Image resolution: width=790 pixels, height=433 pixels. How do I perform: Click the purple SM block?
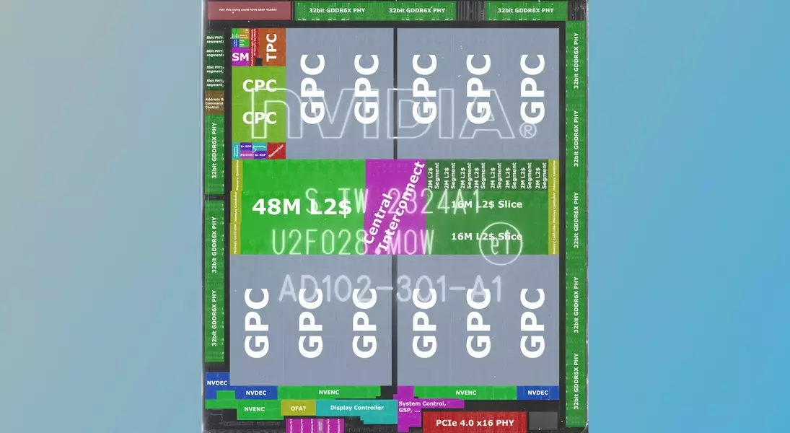pos(240,56)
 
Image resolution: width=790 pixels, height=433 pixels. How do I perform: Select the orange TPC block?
pos(272,47)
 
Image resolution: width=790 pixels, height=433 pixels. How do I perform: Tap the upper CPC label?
pos(259,86)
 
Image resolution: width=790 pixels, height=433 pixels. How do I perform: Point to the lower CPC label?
pos(259,118)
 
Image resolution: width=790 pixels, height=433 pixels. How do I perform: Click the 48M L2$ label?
pos(301,207)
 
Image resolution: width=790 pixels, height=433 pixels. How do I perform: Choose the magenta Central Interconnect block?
pos(395,206)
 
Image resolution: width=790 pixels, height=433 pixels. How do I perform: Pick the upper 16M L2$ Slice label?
pos(486,204)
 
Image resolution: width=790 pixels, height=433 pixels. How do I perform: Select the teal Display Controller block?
pos(357,408)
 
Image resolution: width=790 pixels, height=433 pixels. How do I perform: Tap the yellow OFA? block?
pos(298,408)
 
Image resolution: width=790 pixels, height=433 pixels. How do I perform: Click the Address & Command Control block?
pos(214,103)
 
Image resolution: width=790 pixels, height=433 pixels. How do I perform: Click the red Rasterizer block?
pos(276,150)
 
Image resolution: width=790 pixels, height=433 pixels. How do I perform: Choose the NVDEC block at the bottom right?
pos(537,393)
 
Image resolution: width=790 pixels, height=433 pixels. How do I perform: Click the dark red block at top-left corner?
pos(239,10)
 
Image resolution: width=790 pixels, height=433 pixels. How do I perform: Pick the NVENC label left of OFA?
pos(254,409)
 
